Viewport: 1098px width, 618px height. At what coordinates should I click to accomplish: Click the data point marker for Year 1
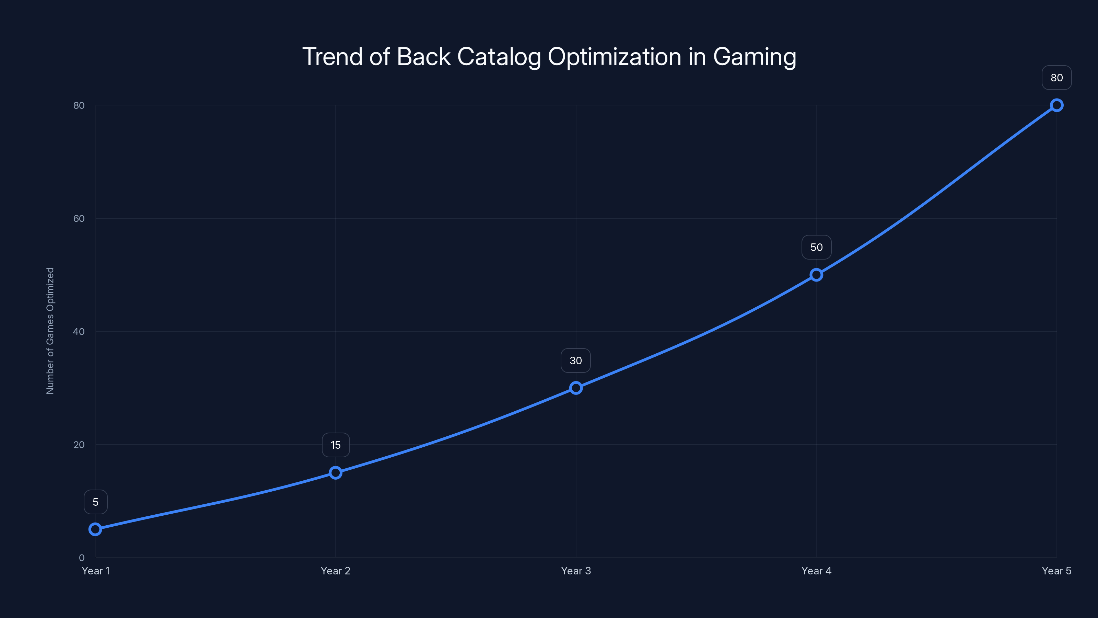point(95,529)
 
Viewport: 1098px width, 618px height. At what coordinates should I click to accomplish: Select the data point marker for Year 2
point(336,472)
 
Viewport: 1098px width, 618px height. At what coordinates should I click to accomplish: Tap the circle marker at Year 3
point(576,388)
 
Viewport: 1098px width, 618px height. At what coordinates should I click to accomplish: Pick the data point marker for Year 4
point(816,275)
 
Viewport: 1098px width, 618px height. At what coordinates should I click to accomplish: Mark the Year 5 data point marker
point(1057,105)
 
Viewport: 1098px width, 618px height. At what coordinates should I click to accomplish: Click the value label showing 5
point(95,502)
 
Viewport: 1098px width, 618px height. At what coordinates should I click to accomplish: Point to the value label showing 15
point(336,445)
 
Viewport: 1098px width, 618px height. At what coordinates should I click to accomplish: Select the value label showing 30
point(576,360)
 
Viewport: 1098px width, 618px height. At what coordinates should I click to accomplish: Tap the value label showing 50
point(816,247)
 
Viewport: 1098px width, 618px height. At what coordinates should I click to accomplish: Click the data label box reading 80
point(1057,78)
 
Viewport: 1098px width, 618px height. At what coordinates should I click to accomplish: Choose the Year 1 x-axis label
point(95,571)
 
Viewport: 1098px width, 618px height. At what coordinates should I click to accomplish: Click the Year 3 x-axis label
point(576,571)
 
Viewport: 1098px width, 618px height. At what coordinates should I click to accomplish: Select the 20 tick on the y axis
point(79,444)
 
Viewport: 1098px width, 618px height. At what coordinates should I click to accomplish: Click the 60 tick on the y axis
point(79,218)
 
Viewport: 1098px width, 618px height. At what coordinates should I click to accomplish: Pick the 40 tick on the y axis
point(79,331)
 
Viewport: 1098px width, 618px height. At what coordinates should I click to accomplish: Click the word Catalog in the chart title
point(499,57)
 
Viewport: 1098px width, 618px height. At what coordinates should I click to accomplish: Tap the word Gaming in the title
point(755,57)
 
